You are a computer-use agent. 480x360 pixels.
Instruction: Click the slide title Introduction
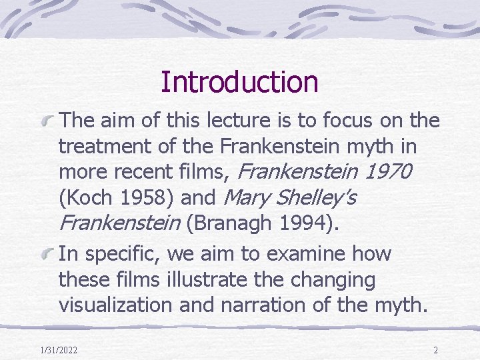pos(239,82)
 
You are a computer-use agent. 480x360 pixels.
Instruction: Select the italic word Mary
pos(245,197)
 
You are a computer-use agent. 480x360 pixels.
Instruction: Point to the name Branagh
pos(227,224)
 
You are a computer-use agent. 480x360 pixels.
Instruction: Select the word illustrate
pos(202,279)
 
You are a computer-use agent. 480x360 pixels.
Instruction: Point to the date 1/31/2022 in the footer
pos(58,349)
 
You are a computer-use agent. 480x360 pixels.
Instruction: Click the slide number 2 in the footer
pos(435,349)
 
